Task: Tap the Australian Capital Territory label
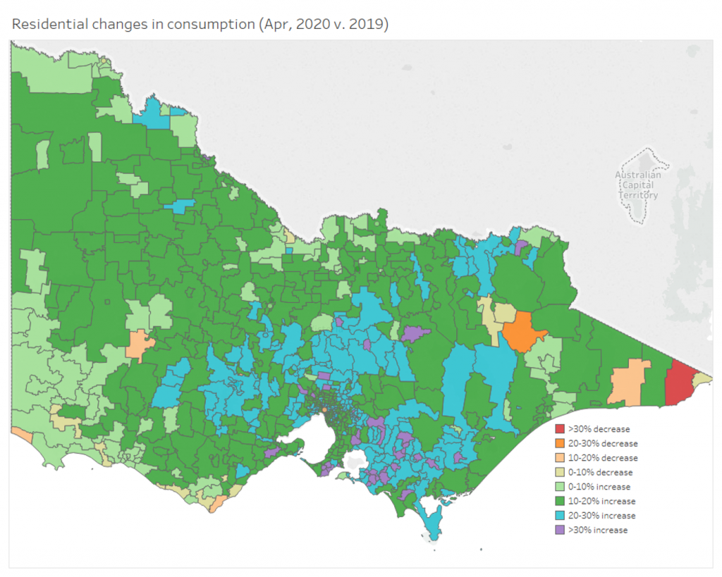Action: click(x=638, y=185)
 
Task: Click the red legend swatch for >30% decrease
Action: click(x=560, y=428)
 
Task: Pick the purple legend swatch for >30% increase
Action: click(x=560, y=530)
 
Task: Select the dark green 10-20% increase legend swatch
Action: click(x=560, y=501)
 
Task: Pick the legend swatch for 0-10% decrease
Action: click(x=560, y=472)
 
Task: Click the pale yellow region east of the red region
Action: click(x=703, y=379)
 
